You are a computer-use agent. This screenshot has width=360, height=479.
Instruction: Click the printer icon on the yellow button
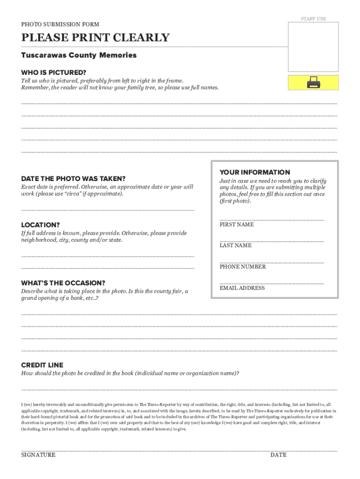point(313,83)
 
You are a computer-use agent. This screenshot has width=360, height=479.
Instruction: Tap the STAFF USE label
point(313,19)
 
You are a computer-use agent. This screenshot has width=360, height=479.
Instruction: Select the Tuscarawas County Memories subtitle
point(79,55)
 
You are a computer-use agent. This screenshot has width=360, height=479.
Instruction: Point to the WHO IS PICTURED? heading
point(54,73)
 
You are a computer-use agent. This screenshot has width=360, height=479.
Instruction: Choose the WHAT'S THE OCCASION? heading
point(63,283)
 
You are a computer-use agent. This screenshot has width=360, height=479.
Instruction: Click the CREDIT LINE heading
point(42,365)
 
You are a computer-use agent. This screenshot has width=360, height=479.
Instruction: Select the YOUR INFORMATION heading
point(255,172)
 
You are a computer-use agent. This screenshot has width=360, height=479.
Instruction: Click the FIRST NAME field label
point(237,225)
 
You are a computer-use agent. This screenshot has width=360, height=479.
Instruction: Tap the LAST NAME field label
point(236,245)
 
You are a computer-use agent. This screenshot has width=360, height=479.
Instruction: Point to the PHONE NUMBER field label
point(243,267)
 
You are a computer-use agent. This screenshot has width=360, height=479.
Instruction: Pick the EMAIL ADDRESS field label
point(242,288)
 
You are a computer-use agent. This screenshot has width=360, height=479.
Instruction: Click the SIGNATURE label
point(38,455)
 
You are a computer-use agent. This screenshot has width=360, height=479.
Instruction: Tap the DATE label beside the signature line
point(278,455)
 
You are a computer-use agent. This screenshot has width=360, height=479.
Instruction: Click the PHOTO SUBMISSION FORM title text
point(60,24)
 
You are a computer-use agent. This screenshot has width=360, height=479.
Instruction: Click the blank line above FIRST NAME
point(272,219)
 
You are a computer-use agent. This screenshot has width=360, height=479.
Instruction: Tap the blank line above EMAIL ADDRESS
point(272,283)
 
